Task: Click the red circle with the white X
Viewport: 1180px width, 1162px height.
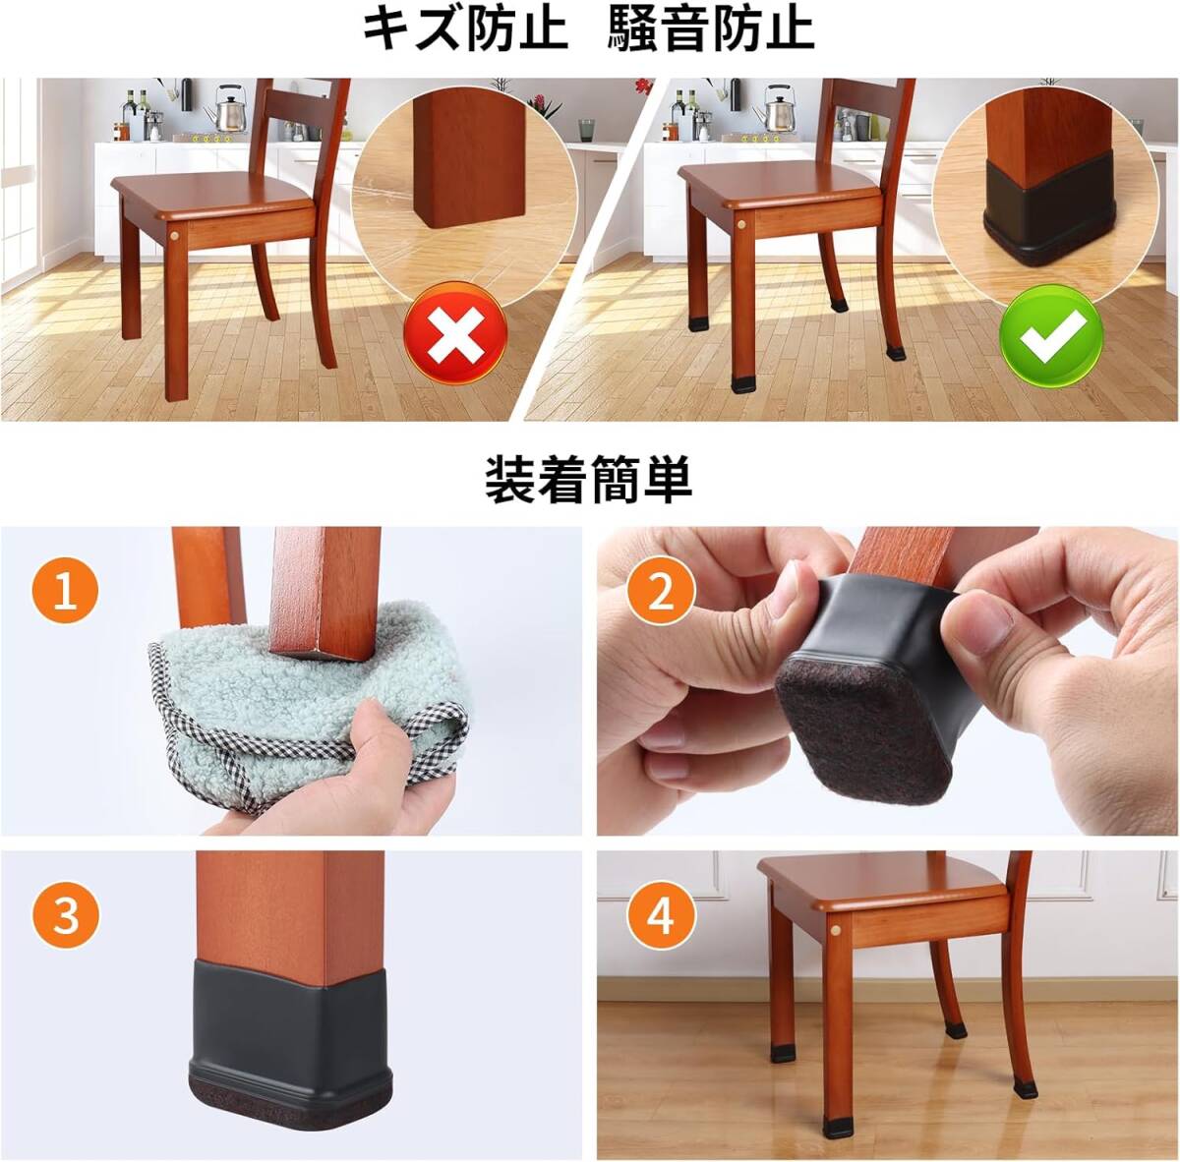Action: (455, 334)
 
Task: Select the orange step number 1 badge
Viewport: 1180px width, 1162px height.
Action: (65, 591)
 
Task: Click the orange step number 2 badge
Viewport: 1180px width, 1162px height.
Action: (661, 592)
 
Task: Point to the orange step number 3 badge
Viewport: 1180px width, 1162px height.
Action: (66, 915)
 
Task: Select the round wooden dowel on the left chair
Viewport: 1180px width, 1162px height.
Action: (174, 236)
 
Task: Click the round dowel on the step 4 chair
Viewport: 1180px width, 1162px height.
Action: (837, 932)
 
